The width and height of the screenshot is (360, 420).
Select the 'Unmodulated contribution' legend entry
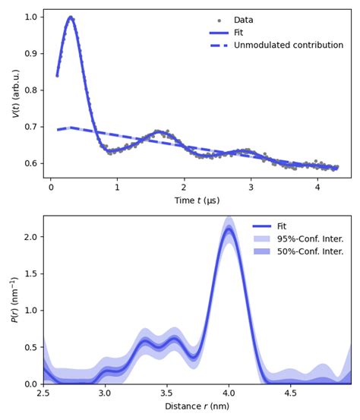click(x=288, y=46)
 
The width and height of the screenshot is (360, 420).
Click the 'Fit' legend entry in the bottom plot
click(x=281, y=226)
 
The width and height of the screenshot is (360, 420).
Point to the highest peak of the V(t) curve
click(x=71, y=17)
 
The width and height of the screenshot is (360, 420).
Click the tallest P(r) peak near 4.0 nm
click(x=228, y=229)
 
